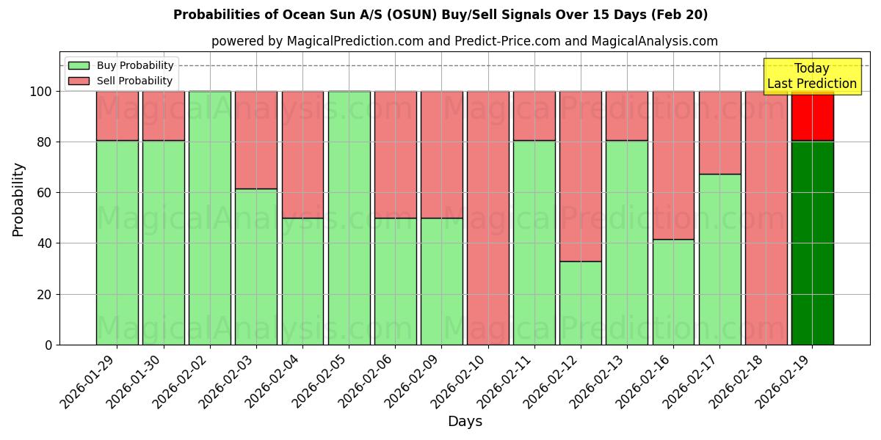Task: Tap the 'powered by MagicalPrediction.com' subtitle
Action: tap(464, 41)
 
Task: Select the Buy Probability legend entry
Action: tap(120, 65)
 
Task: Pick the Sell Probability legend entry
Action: tap(120, 81)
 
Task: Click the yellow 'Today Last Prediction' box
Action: tap(811, 76)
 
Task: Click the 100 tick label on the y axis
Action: tap(41, 92)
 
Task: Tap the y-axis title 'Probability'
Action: tap(18, 199)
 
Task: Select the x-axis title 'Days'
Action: tap(465, 422)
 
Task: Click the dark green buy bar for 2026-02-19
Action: tap(812, 242)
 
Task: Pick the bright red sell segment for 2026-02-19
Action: tap(812, 116)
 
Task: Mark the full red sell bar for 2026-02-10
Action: tap(487, 218)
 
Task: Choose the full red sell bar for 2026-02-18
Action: tap(766, 218)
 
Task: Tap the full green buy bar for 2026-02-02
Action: tap(209, 218)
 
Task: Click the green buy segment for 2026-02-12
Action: tap(580, 303)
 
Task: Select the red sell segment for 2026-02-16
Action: tap(673, 165)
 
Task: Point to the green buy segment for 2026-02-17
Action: tap(719, 259)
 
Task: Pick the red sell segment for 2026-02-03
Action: tap(256, 140)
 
